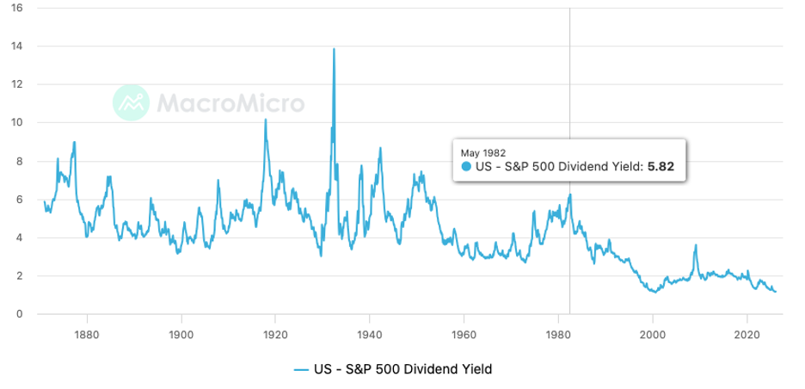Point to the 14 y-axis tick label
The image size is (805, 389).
17,46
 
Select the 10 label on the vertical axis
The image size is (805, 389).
17,122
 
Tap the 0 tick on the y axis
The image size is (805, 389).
19,314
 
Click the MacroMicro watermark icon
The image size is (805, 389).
132,103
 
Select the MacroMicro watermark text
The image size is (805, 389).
230,104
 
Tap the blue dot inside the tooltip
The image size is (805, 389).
467,166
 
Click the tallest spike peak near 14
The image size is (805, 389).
334,49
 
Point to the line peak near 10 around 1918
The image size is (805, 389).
265,120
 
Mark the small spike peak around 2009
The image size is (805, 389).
696,245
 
